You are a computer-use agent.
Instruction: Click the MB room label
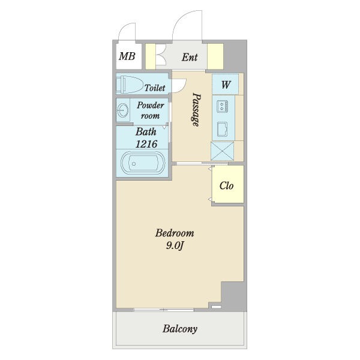127,56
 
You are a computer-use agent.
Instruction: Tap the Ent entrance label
190,57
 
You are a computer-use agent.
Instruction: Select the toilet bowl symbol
129,84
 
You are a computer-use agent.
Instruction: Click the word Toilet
155,88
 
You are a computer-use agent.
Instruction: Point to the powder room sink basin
123,110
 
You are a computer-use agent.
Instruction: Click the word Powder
151,105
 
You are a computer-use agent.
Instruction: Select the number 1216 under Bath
146,144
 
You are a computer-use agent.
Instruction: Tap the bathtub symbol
143,163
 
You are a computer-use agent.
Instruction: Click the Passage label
196,109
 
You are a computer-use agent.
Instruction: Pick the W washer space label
226,85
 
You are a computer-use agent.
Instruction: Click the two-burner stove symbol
222,106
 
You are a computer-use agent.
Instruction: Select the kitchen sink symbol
223,129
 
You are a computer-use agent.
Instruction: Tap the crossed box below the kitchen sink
222,151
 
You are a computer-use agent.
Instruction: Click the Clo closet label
226,185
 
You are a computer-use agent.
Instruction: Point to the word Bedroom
175,233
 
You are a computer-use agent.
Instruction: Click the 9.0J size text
175,246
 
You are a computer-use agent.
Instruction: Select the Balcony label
180,329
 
